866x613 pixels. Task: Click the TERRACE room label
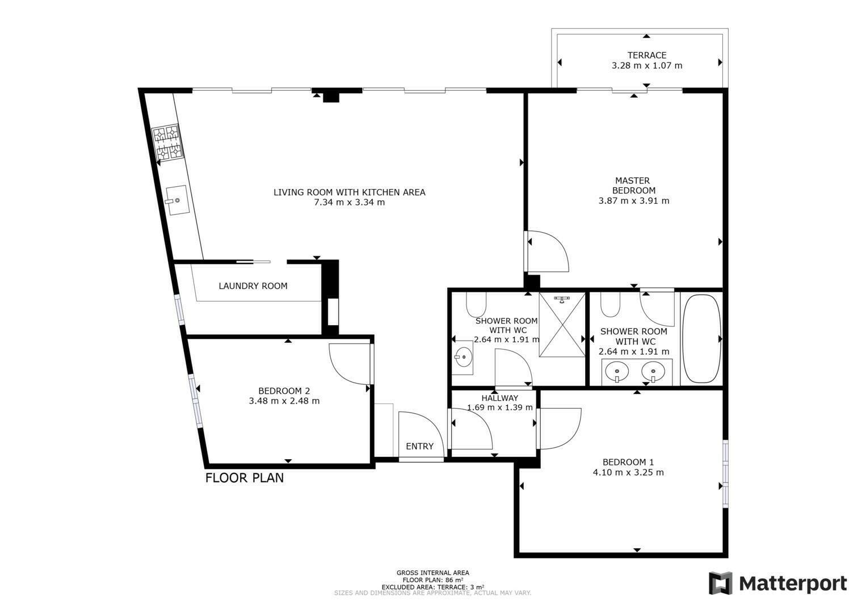pos(647,55)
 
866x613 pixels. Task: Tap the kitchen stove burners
pos(167,143)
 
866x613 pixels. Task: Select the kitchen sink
pos(178,200)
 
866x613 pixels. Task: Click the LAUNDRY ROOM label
pos(253,286)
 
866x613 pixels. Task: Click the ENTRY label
pos(419,446)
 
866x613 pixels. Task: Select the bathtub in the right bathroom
pos(701,339)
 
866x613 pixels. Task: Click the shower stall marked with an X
pos(562,325)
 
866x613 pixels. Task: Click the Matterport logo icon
pos(721,583)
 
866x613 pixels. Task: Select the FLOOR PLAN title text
pos(245,478)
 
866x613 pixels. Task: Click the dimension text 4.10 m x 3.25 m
pos(628,472)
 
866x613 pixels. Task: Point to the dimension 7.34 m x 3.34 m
pos(349,202)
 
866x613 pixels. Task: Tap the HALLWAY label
pos(499,397)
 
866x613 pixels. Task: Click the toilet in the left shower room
pos(476,305)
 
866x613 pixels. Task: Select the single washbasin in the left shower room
pos(463,358)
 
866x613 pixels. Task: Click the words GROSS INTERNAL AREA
pos(432,573)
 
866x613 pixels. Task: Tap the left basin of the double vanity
pos(617,372)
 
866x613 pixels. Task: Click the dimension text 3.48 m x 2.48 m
pos(284,401)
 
